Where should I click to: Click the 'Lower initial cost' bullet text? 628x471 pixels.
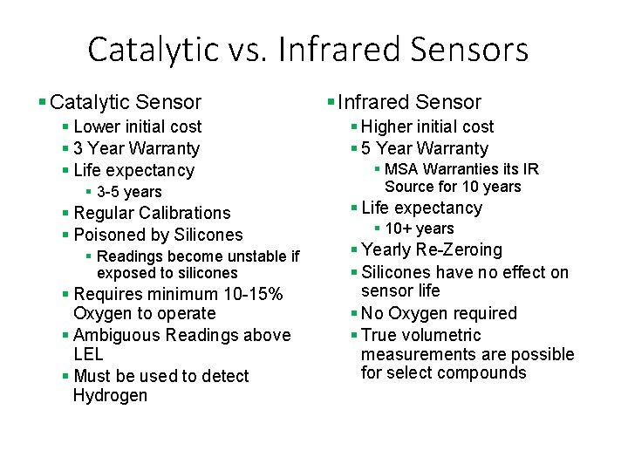pyautogui.click(x=137, y=127)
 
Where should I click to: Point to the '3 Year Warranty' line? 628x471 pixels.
pyautogui.click(x=136, y=149)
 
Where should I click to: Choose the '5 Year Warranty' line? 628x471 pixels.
pyautogui.click(x=424, y=149)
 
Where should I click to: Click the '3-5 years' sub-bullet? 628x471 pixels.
pyautogui.click(x=129, y=192)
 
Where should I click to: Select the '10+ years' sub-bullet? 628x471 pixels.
pyautogui.click(x=419, y=229)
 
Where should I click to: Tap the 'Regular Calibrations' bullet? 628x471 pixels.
pyautogui.click(x=152, y=214)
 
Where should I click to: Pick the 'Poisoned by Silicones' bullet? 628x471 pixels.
pyautogui.click(x=158, y=235)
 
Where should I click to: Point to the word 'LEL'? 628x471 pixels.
pyautogui.click(x=88, y=354)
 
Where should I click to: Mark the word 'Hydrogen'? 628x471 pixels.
pyautogui.click(x=110, y=396)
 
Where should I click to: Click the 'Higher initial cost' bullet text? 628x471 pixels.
pyautogui.click(x=427, y=127)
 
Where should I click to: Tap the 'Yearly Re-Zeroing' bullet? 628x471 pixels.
pyautogui.click(x=431, y=250)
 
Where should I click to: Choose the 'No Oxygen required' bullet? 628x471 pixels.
pyautogui.click(x=439, y=314)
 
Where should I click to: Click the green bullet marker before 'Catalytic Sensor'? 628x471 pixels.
pyautogui.click(x=42, y=103)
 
